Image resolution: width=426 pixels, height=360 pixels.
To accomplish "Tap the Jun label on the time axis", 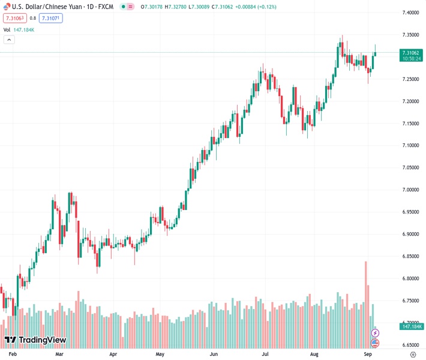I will (x=214, y=355).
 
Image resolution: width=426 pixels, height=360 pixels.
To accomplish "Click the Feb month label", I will (x=12, y=355).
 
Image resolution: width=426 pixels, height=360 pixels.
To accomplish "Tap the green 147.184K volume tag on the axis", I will (x=412, y=326).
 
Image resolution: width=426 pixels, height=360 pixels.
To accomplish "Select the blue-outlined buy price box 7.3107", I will (x=50, y=18).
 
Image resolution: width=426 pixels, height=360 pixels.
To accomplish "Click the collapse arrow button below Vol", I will (x=9, y=40).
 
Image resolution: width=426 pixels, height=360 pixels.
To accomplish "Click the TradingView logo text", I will (x=42, y=340).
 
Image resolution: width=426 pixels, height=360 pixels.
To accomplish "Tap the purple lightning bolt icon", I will (x=376, y=332).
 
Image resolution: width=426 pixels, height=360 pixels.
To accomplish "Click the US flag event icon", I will (x=376, y=343).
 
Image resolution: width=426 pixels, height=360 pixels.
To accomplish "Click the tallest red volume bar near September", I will (x=365, y=300).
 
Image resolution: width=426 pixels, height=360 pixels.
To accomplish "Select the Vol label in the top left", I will (x=7, y=29).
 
